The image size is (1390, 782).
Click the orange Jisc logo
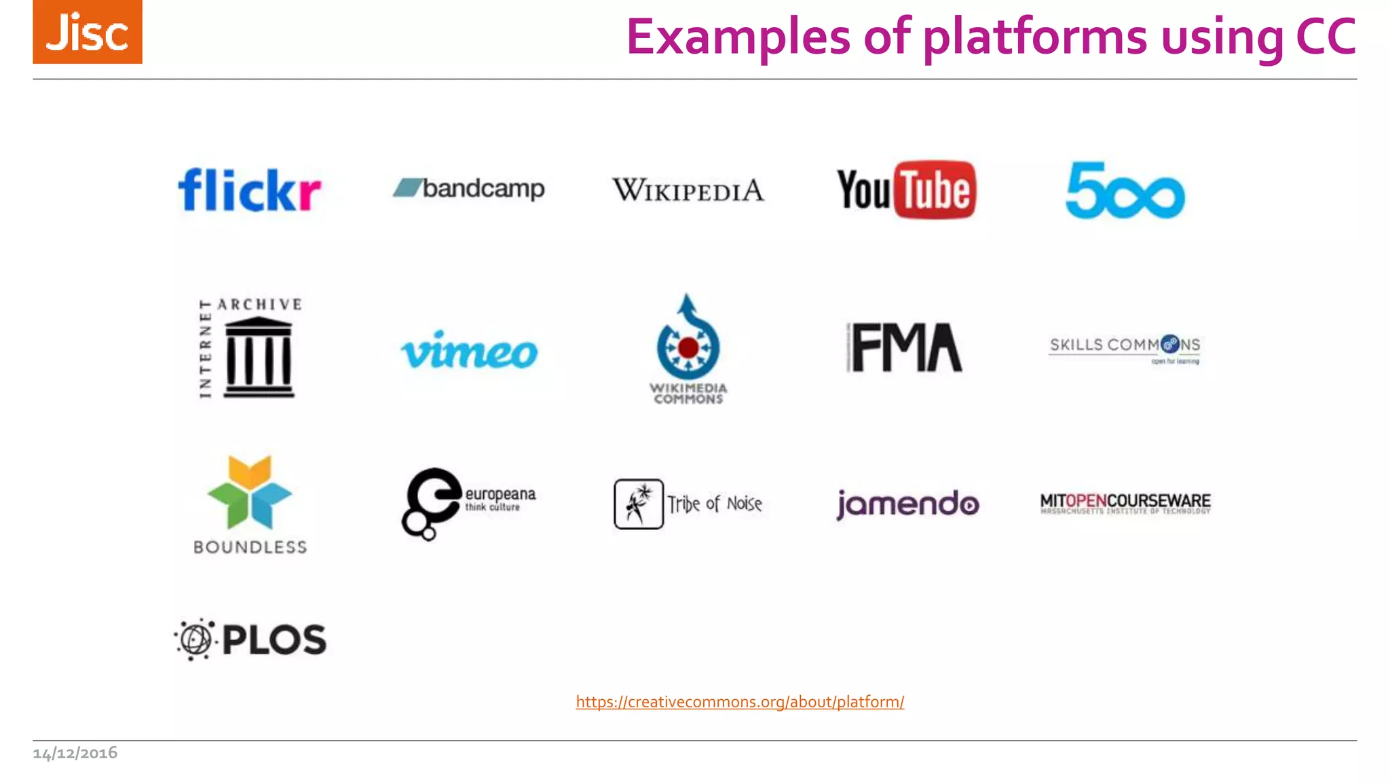(88, 32)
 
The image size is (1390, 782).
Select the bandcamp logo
(469, 188)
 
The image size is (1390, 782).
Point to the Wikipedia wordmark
(688, 190)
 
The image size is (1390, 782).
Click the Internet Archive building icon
(259, 358)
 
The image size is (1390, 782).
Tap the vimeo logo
(469, 351)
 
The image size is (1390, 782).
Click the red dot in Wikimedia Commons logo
(688, 348)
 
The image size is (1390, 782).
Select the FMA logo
(905, 348)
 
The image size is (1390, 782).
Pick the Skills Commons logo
(1125, 348)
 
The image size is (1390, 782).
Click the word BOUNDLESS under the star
(250, 547)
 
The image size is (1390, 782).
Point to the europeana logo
(468, 503)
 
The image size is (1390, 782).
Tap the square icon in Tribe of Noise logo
(638, 504)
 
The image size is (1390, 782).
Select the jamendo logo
(907, 504)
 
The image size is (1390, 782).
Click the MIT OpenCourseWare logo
(1125, 503)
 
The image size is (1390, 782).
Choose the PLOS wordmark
(274, 639)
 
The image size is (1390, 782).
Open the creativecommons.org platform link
(740, 701)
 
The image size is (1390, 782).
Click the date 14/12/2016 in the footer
(75, 753)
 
